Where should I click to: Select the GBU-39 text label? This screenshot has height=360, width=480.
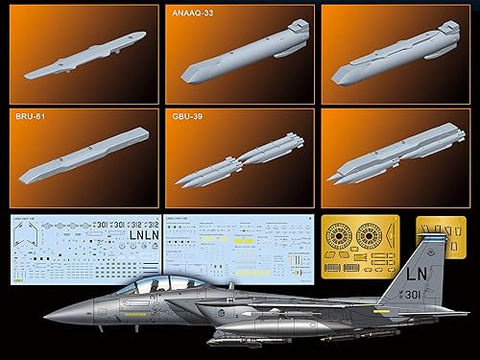190,117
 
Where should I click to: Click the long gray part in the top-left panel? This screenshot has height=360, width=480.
84,55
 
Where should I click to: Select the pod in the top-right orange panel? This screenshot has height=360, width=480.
394,58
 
